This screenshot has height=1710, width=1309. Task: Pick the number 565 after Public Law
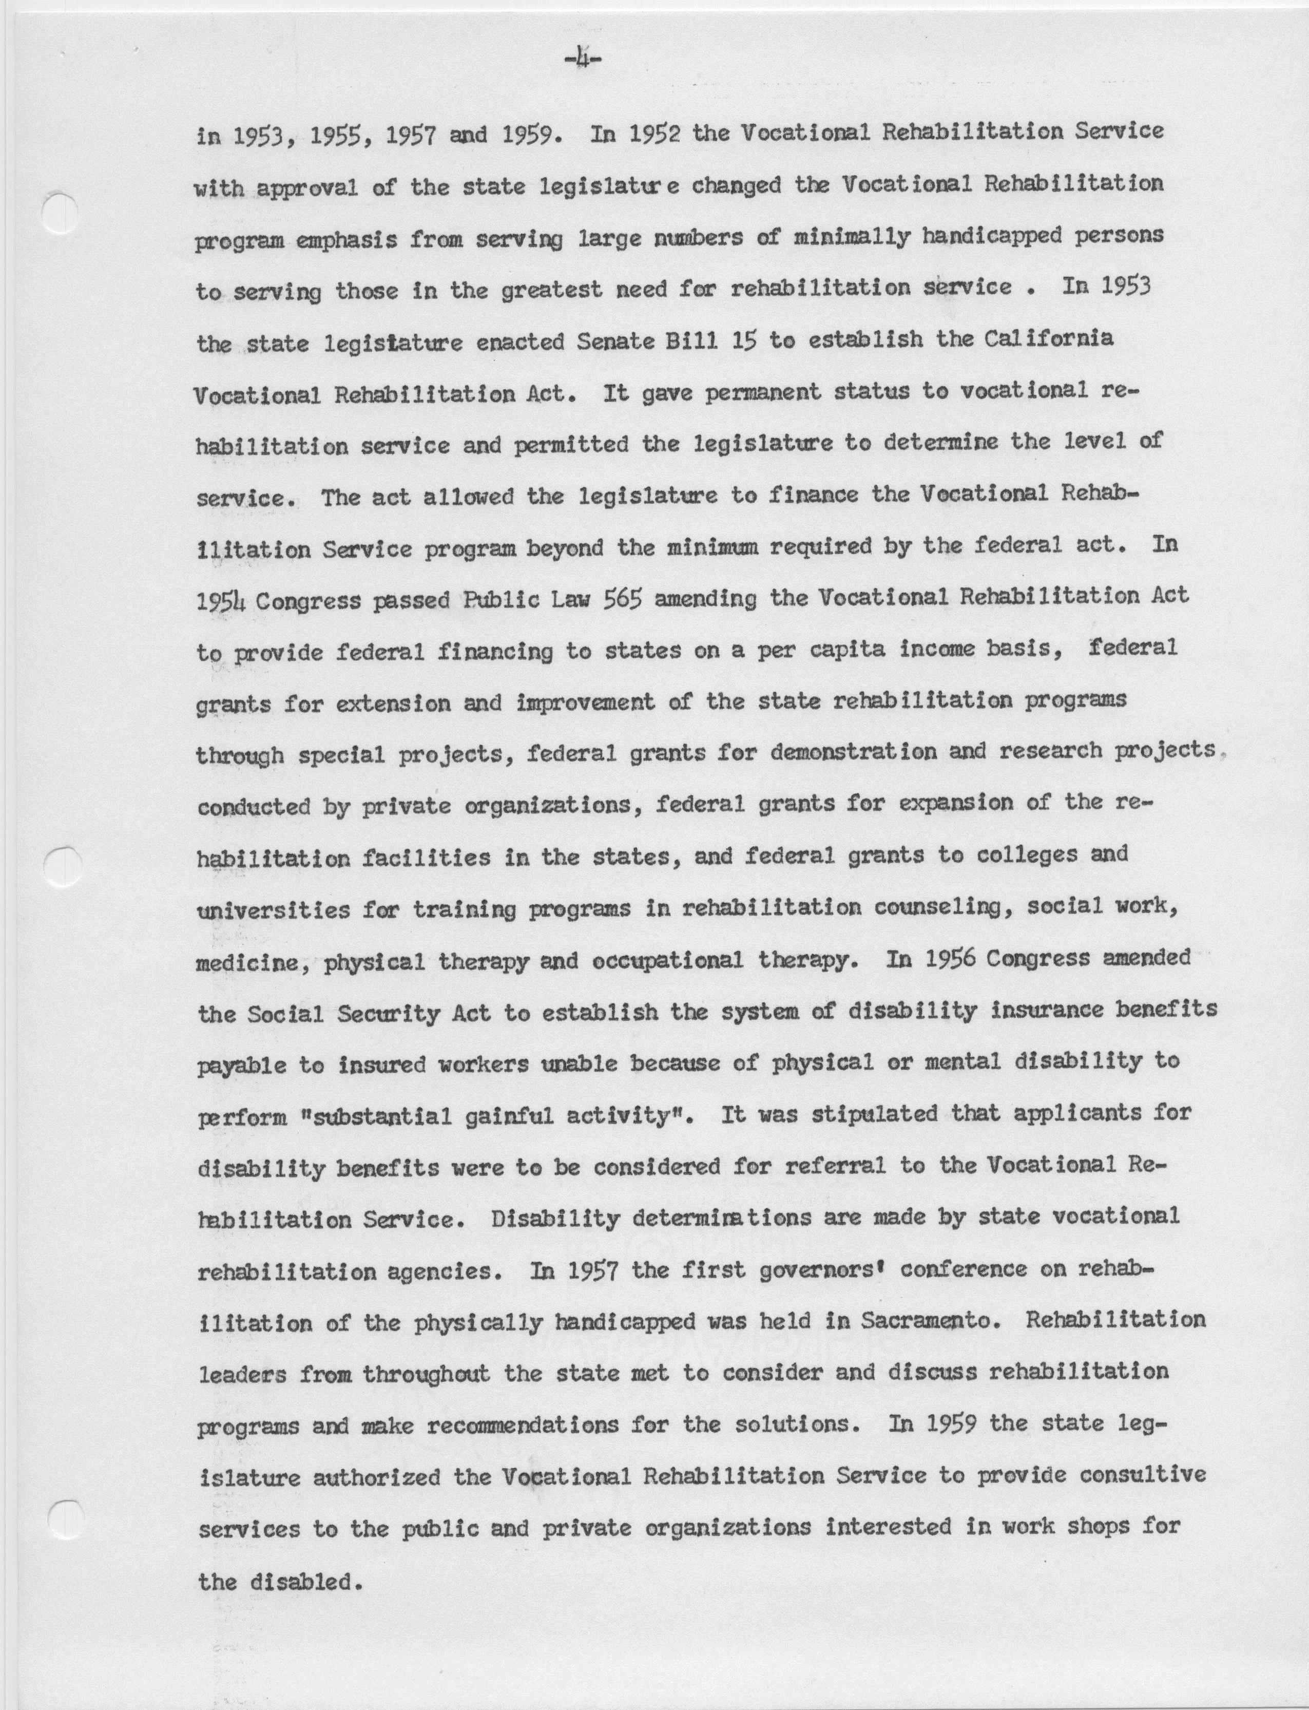623,599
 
